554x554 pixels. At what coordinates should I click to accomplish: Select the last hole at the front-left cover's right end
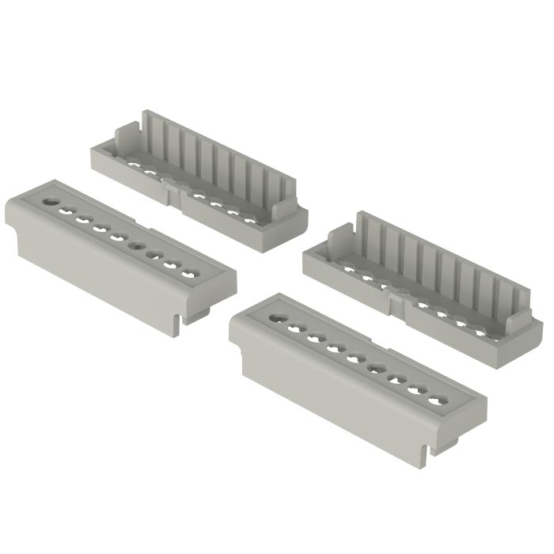(189, 275)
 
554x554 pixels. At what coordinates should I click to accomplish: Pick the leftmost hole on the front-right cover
(275, 318)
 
